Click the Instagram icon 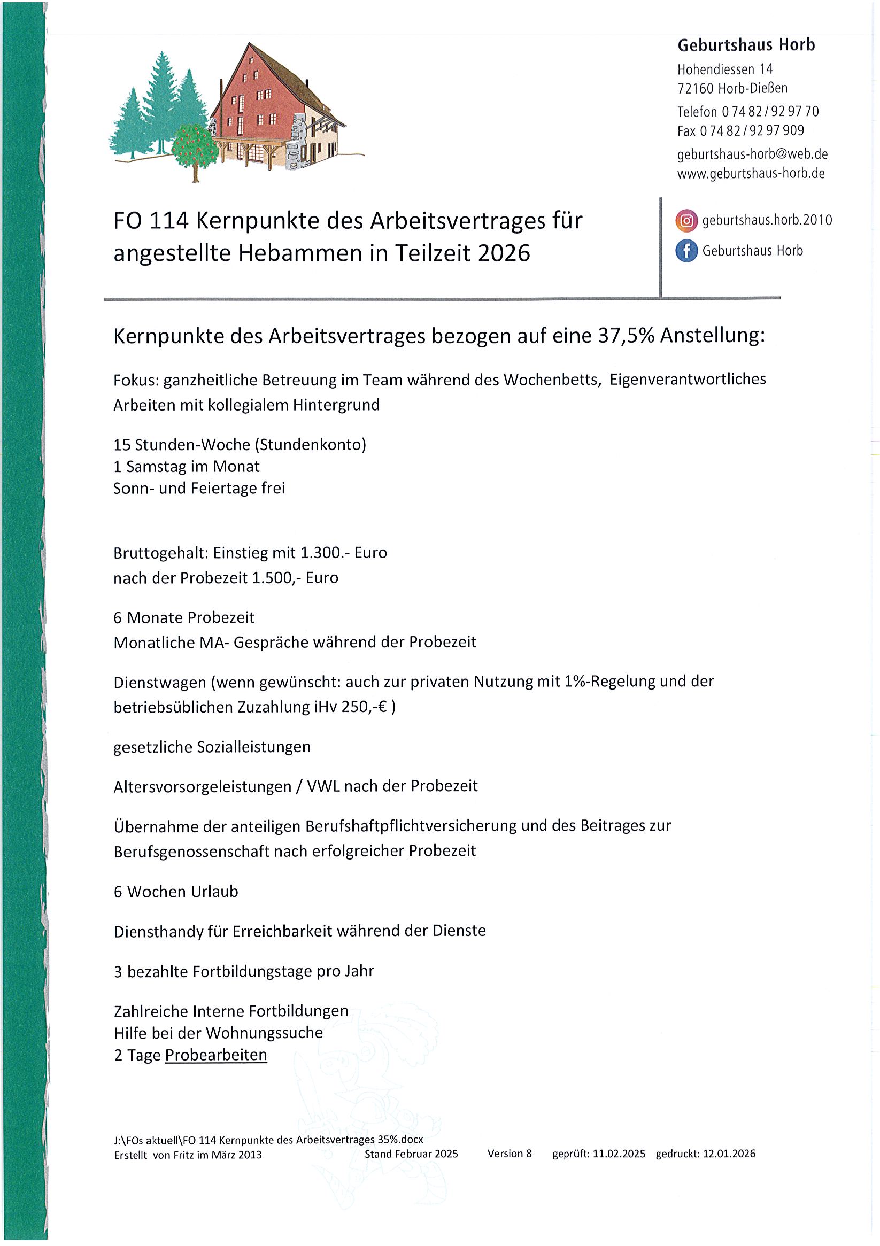pyautogui.click(x=686, y=221)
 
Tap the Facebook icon pyautogui.click(x=686, y=251)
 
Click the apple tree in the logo pyautogui.click(x=194, y=147)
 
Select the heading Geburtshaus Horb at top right pyautogui.click(x=746, y=45)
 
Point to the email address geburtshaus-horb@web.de pyautogui.click(x=752, y=154)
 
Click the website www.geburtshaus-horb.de pyautogui.click(x=751, y=174)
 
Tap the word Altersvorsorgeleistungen pyautogui.click(x=202, y=786)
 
